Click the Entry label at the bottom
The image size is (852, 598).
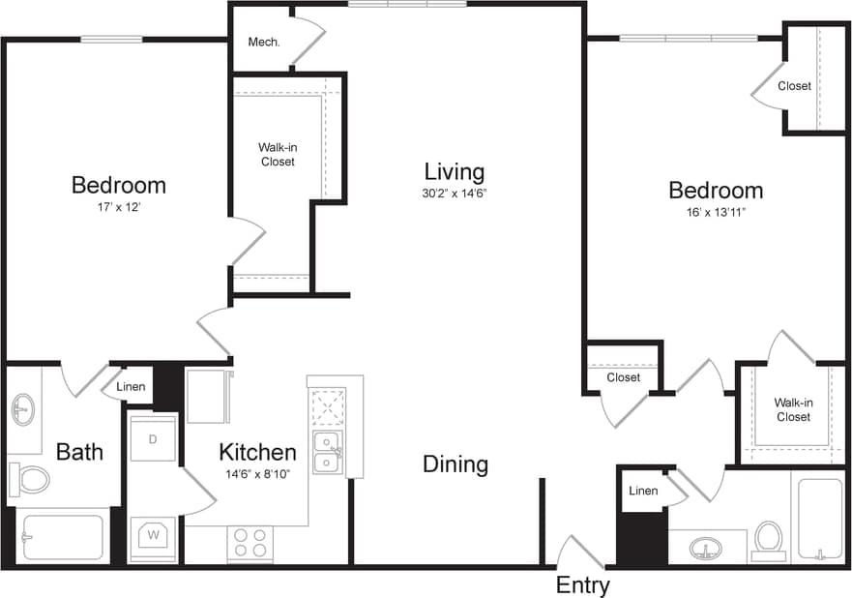coord(583,585)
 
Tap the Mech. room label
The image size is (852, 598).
coord(263,42)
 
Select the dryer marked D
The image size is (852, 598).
coord(153,438)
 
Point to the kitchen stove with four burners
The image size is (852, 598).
coord(250,542)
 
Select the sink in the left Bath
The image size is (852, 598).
coord(23,409)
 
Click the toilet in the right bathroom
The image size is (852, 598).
coord(769,539)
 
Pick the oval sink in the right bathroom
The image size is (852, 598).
coord(706,549)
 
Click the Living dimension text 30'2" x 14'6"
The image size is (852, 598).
coord(455,193)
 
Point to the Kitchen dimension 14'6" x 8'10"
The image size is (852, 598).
coord(256,473)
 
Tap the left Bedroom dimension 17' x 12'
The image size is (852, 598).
coord(119,206)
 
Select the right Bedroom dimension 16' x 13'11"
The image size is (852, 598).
coord(715,212)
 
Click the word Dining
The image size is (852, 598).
coord(455,464)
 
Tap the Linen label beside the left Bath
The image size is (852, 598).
coord(131,387)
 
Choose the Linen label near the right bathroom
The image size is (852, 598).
coord(643,491)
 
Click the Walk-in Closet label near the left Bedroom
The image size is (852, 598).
coord(277,154)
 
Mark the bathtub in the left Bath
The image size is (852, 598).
coord(63,537)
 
